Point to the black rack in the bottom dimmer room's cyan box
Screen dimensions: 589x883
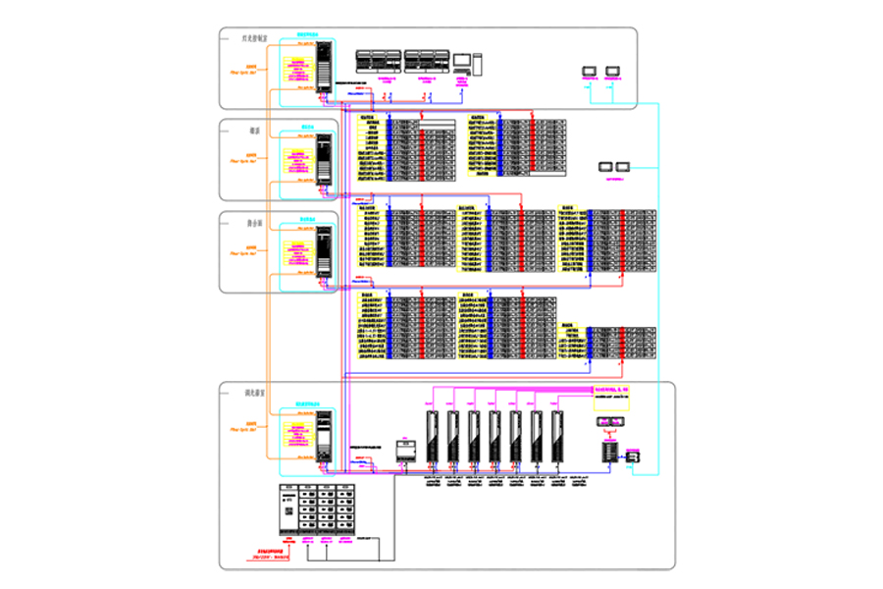pos(323,437)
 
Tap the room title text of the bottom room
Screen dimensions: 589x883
pos(255,393)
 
